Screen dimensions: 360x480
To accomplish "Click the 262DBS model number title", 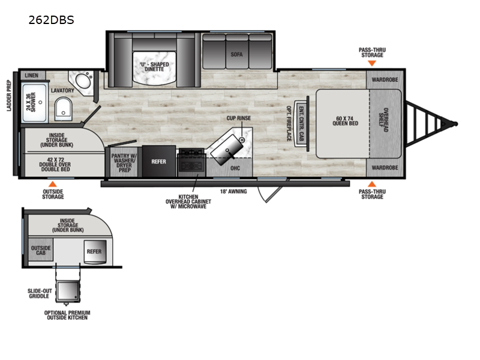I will [51, 19].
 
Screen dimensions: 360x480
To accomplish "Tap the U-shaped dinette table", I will [154, 69].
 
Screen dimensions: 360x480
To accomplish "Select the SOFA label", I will [236, 54].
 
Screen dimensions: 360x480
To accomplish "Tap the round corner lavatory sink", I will [81, 80].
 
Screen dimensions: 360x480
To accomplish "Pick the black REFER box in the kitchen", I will [159, 161].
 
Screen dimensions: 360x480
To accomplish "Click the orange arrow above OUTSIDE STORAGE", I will [53, 184].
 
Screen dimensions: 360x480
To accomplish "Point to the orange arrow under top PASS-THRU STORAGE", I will [372, 62].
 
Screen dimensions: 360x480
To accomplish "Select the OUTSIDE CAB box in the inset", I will [41, 251].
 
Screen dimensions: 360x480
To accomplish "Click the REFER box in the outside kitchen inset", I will [94, 251].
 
